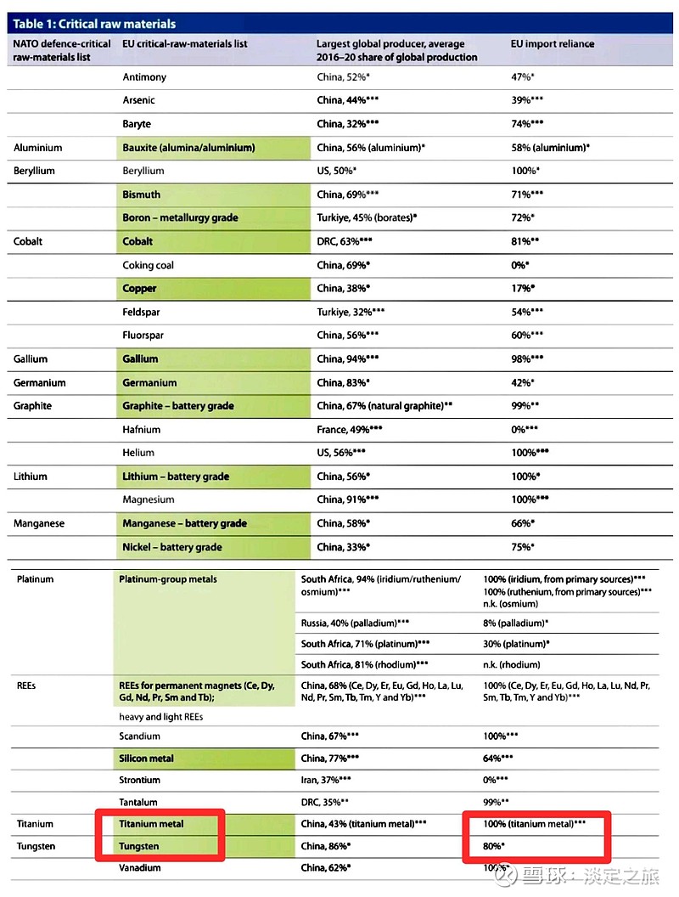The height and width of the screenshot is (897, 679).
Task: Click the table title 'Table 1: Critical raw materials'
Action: click(x=94, y=24)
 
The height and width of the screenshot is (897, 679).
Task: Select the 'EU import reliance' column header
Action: click(x=552, y=43)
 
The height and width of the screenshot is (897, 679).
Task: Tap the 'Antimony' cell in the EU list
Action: click(x=144, y=77)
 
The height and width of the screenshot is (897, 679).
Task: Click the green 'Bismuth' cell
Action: click(x=141, y=195)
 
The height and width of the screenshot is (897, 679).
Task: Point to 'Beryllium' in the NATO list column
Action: click(x=34, y=171)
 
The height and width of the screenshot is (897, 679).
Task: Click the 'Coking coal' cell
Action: click(x=148, y=265)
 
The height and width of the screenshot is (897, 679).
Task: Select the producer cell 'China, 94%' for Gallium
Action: click(x=348, y=359)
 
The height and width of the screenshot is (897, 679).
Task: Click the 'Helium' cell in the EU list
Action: click(x=138, y=453)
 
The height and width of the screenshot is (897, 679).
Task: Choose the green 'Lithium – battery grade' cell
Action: click(x=176, y=477)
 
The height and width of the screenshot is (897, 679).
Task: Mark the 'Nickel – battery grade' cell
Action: click(x=172, y=547)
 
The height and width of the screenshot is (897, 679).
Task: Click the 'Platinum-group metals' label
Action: click(x=168, y=579)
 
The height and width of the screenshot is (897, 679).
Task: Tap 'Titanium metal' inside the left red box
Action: click(x=153, y=824)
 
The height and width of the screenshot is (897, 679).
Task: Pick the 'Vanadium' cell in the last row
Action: click(x=141, y=868)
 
